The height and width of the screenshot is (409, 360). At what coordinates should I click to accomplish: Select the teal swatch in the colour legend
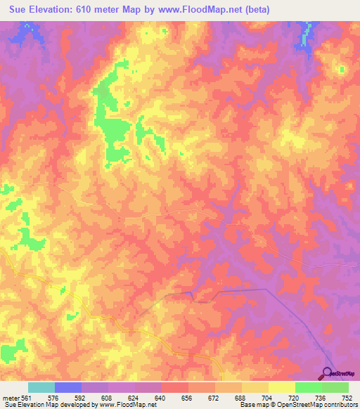point(41,388)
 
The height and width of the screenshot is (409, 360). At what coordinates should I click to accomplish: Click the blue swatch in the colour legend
point(68,388)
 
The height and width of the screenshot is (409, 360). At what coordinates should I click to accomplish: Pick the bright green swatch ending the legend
point(335,388)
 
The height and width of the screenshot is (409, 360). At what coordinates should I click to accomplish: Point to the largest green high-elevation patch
point(112,126)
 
